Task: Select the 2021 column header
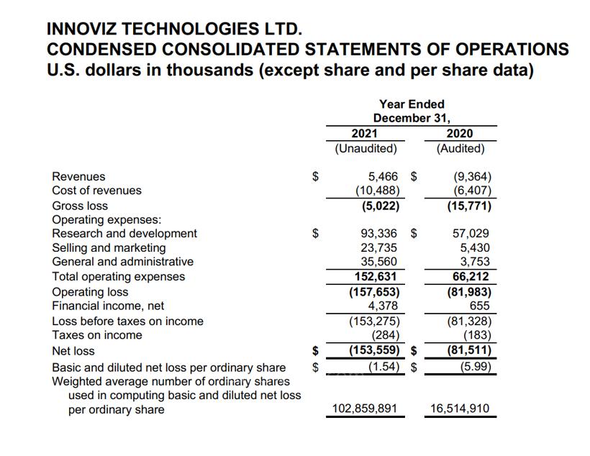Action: point(364,134)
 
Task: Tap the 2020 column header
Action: point(460,134)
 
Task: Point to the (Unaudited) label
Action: point(366,149)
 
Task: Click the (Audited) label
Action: point(460,149)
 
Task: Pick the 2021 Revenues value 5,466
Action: point(381,176)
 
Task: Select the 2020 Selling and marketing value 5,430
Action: point(475,247)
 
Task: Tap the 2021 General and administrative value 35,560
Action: point(378,262)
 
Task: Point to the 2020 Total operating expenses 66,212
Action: point(471,276)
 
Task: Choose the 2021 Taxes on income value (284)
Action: point(386,335)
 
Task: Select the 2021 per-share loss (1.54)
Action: point(383,367)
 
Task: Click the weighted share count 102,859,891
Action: point(364,409)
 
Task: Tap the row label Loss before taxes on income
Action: point(127,321)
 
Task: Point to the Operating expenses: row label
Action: point(106,219)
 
